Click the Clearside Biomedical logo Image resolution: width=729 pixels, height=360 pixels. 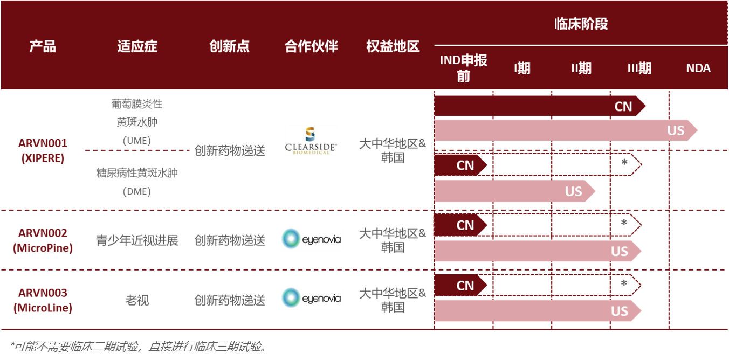311,141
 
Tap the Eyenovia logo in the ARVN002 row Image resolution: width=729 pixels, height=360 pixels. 311,239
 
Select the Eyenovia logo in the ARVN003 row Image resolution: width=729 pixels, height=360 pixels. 311,298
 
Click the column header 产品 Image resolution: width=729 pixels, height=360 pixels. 43,46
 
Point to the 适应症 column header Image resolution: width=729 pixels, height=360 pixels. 137,46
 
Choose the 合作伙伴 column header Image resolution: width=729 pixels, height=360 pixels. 311,46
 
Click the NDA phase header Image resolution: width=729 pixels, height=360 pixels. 698,68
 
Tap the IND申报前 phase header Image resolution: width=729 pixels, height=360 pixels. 464,68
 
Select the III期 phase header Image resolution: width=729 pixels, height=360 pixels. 639,68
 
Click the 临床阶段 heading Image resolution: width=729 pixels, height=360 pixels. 581,24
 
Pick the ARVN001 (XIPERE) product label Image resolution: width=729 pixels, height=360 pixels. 43,151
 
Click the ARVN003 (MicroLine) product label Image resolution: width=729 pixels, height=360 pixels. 43,300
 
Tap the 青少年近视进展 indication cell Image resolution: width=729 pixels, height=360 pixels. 137,240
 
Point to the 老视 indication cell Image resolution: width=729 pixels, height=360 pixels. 137,300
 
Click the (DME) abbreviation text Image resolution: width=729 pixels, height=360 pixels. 137,191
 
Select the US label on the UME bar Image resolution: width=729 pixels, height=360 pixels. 676,130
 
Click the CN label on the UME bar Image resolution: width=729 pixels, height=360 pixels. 623,106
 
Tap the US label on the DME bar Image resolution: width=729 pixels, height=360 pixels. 573,191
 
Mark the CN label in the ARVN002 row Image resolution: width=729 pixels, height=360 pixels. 465,225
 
